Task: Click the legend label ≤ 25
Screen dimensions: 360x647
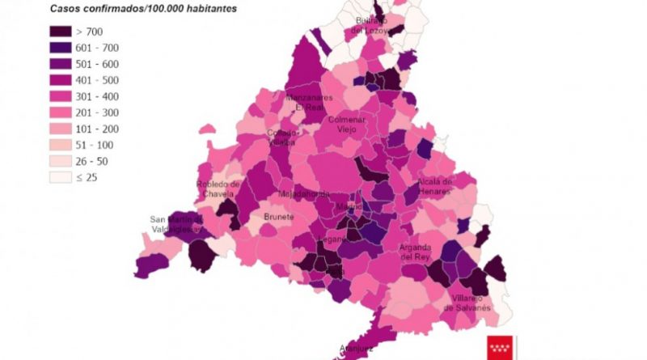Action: [x=86, y=177]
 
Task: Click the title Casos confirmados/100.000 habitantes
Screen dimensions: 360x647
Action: [x=132, y=8]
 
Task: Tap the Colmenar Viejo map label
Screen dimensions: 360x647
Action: [x=346, y=125]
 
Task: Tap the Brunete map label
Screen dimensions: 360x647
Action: [x=279, y=218]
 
